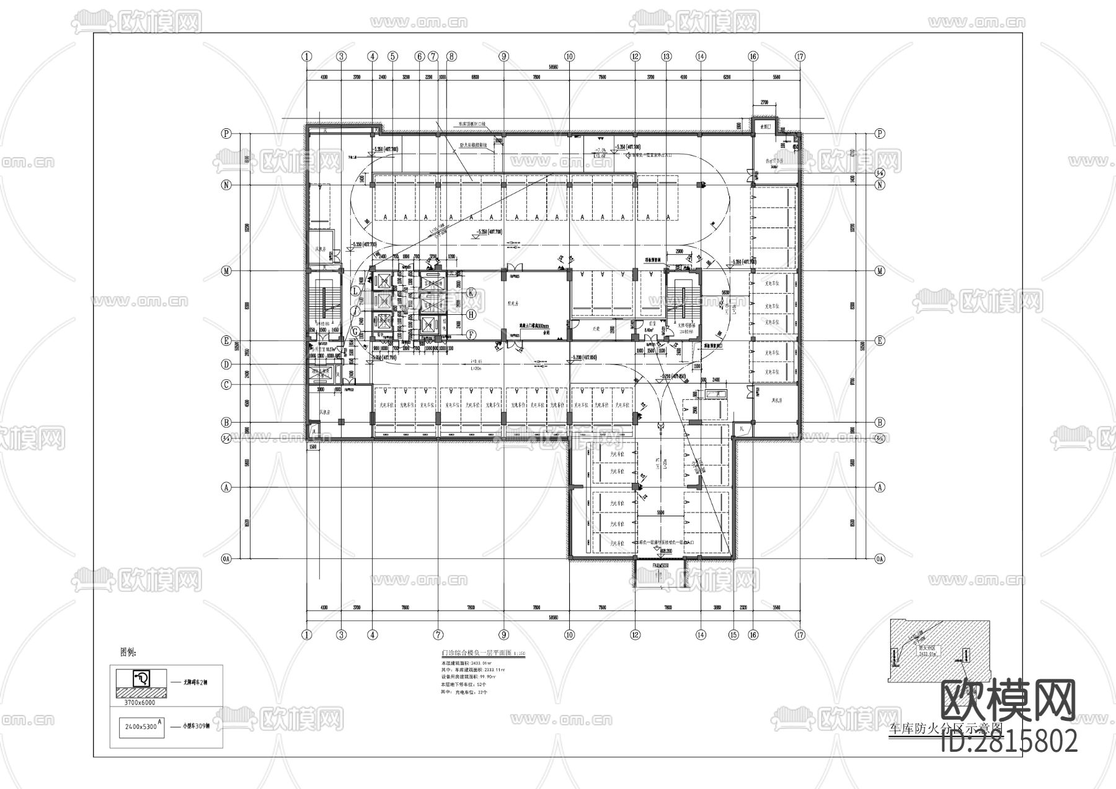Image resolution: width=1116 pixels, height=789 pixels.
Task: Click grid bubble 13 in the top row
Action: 666,56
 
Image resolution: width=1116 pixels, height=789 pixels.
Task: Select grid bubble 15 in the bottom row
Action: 733,635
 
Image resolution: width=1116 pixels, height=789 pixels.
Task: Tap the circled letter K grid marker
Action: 471,293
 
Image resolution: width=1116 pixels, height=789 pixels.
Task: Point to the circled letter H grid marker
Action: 471,314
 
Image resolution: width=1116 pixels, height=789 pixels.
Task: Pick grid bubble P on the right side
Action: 879,133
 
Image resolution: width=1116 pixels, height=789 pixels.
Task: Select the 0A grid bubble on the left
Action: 227,559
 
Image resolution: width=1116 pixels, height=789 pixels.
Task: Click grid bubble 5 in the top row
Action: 392,56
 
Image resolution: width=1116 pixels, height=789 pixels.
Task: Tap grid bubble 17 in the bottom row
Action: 800,635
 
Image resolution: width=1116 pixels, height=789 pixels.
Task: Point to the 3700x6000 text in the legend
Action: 140,703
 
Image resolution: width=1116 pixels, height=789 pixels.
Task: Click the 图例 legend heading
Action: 128,652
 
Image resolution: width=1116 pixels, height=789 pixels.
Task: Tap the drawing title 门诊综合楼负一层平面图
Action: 475,653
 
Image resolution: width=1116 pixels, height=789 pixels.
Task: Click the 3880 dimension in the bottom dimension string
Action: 717,608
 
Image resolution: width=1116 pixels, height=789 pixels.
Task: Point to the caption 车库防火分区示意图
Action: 945,729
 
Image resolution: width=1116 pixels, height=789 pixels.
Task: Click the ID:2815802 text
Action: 1009,741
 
